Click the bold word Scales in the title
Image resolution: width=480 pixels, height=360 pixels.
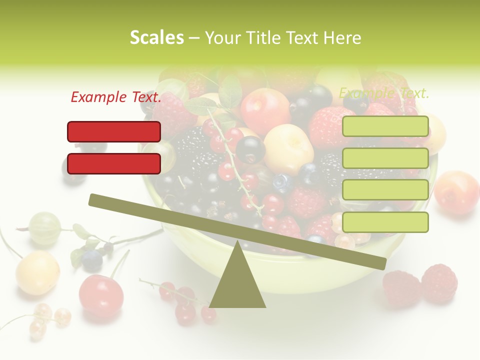coord(156,37)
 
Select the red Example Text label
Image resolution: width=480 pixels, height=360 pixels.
coord(116,97)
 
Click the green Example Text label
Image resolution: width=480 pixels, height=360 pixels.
coord(384,93)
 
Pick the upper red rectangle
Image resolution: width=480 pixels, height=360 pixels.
coord(114,131)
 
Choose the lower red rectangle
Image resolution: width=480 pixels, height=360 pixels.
coord(114,163)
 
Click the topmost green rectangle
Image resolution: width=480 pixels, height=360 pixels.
coord(385,126)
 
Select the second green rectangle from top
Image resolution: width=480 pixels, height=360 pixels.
coord(385,158)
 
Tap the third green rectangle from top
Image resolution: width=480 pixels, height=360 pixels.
coord(385,190)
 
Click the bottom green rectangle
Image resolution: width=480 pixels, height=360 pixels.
coord(385,222)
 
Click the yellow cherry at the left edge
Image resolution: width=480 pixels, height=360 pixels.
coord(37,272)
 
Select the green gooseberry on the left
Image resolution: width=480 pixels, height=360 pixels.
coord(45,227)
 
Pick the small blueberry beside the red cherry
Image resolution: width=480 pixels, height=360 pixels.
coord(92,260)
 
